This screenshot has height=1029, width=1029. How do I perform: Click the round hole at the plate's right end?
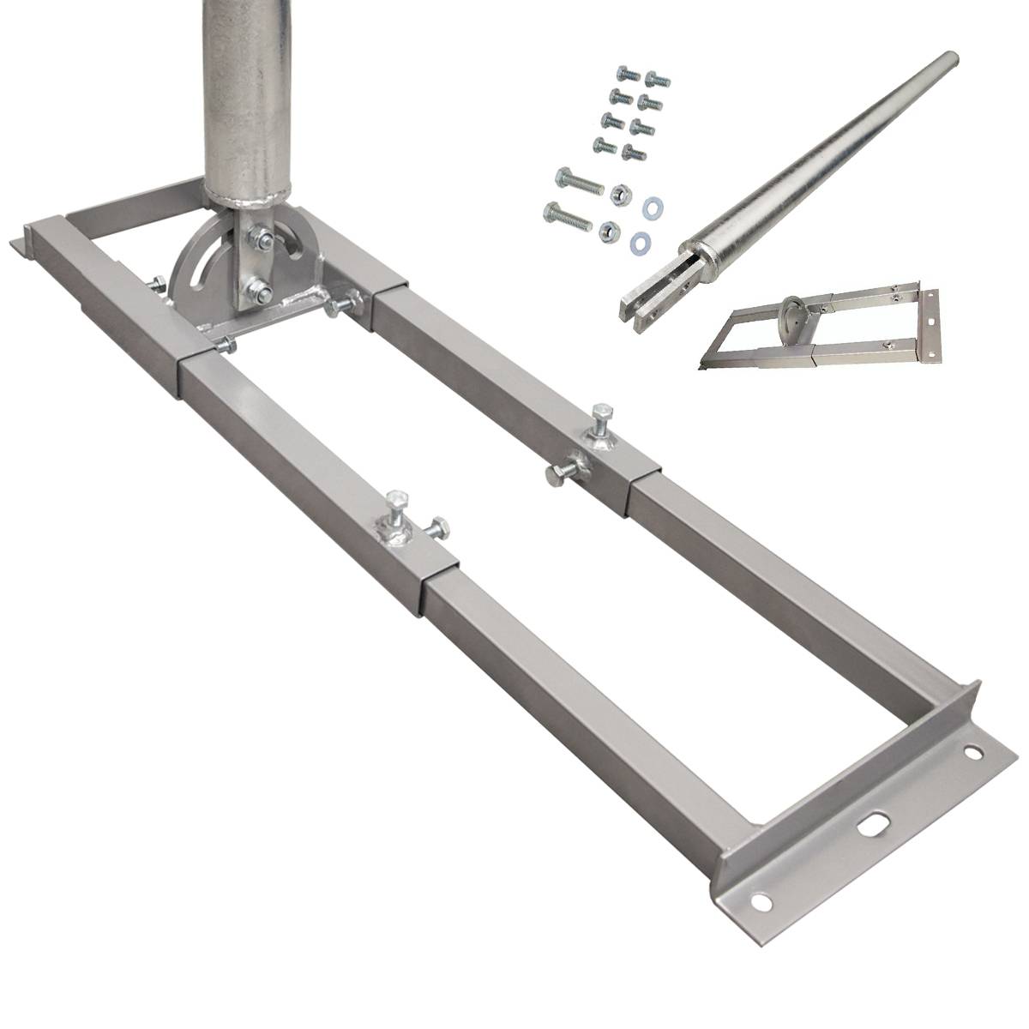tap(972, 754)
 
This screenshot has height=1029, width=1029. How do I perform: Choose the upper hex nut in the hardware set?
tap(617, 194)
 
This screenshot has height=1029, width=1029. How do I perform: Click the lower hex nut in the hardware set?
tap(608, 229)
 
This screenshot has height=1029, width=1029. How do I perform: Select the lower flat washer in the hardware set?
tap(639, 238)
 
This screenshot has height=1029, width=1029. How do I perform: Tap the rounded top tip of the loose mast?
tap(949, 63)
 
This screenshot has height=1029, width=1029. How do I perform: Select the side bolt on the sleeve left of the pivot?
tap(159, 284)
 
